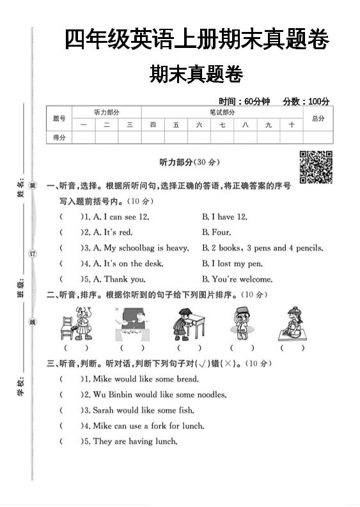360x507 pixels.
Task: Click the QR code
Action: [x=316, y=167]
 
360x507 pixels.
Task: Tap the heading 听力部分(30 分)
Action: [x=189, y=162]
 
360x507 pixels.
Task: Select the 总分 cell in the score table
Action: [x=318, y=118]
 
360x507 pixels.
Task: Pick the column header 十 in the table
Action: [x=291, y=125]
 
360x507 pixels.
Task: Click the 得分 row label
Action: [x=59, y=137]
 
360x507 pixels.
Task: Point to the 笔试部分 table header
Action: [x=222, y=112]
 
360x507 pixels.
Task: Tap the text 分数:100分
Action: [x=306, y=101]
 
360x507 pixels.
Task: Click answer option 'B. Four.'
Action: [x=217, y=233]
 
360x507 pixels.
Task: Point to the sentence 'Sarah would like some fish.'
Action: [x=143, y=410]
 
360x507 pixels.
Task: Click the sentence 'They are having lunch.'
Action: [x=135, y=441]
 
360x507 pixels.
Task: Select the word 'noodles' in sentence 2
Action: [x=211, y=395]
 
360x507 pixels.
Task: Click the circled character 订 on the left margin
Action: [x=33, y=254]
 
